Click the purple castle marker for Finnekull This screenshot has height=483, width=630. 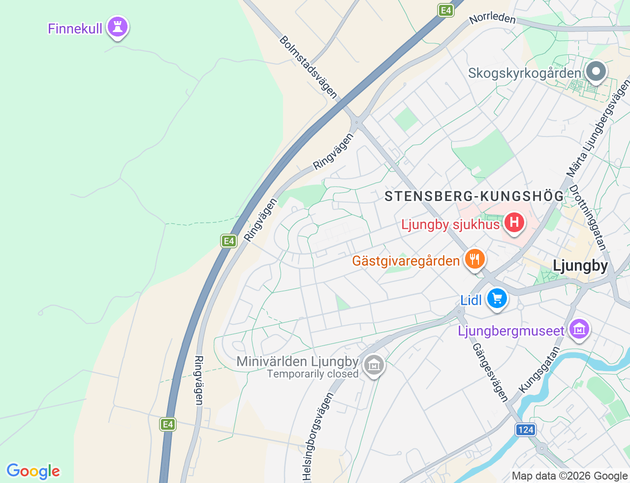[117, 27]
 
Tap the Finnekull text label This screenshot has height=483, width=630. [75, 29]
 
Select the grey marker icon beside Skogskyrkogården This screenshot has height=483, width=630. [596, 71]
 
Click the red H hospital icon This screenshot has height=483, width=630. [514, 222]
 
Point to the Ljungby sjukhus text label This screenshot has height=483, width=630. [450, 225]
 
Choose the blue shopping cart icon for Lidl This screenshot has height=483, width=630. [497, 298]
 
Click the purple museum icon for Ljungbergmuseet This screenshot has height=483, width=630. [579, 329]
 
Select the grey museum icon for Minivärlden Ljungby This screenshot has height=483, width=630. [374, 365]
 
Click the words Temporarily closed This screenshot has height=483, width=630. [313, 374]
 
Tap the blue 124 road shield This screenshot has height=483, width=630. [526, 429]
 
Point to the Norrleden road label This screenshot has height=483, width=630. [492, 18]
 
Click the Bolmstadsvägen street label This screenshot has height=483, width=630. [309, 67]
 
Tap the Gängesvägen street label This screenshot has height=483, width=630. [490, 372]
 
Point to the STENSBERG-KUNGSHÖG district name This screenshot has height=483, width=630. [474, 196]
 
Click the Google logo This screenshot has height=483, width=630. [33, 471]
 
